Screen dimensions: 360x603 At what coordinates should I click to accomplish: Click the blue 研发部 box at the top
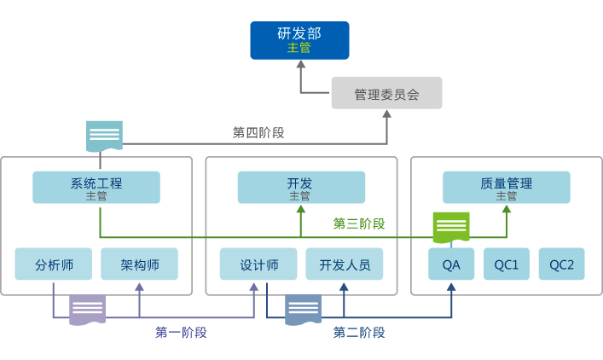click(x=299, y=40)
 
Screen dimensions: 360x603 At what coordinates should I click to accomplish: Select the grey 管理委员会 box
click(x=386, y=93)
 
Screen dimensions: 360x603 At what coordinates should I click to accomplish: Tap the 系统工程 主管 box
click(x=96, y=188)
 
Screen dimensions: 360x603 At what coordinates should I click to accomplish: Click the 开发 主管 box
click(x=300, y=188)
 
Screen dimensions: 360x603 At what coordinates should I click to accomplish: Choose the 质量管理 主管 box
click(x=506, y=188)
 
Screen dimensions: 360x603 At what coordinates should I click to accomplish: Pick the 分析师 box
click(x=53, y=264)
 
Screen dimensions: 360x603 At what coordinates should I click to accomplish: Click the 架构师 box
click(x=139, y=264)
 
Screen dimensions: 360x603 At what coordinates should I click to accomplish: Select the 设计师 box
click(x=258, y=264)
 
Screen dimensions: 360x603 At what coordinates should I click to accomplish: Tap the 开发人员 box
click(x=345, y=264)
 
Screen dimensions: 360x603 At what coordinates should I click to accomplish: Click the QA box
click(x=451, y=264)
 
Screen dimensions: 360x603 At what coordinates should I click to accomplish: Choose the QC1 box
click(x=507, y=264)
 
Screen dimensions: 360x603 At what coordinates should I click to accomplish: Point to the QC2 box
click(x=562, y=264)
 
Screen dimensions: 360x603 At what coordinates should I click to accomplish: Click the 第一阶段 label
click(x=181, y=332)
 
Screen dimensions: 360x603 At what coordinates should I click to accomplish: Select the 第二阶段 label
click(x=358, y=332)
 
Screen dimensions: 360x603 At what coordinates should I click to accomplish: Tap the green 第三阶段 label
click(x=358, y=224)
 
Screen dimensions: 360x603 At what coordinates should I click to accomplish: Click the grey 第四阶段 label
click(x=258, y=132)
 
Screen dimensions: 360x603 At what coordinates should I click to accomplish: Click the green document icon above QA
click(x=451, y=227)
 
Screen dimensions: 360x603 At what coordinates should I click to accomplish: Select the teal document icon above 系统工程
click(x=104, y=136)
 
